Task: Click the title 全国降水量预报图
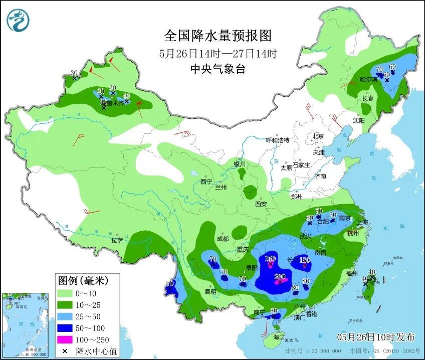point(218,36)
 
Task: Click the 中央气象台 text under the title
point(218,70)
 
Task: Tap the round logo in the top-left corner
point(18,21)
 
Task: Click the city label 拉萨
point(117,240)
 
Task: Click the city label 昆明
point(210,292)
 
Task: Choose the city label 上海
point(362,223)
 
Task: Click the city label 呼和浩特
point(278,140)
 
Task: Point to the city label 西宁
point(206,182)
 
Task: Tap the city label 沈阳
point(358,121)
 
